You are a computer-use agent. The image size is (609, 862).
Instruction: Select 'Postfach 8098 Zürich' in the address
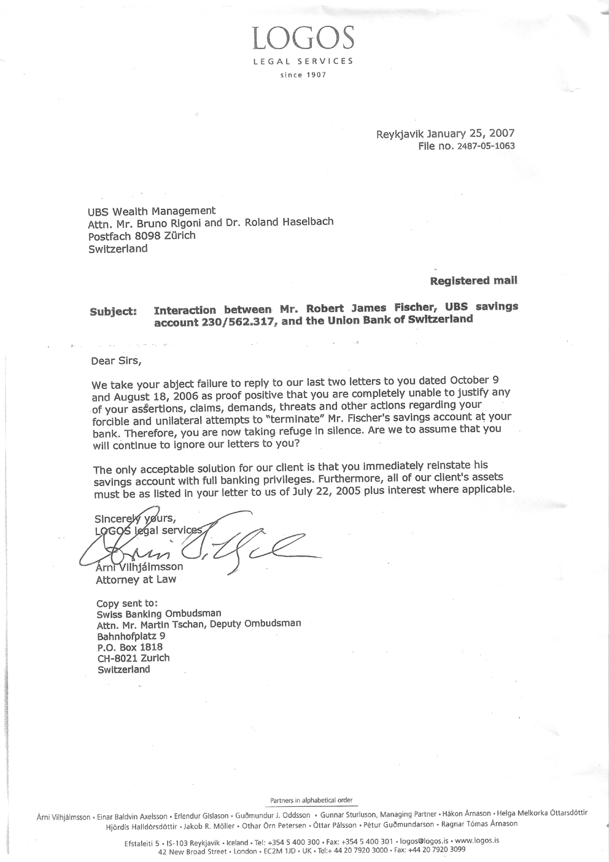click(x=142, y=235)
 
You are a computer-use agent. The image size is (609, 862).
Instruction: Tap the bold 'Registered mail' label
click(x=473, y=281)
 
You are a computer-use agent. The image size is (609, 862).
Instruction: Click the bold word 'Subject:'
click(x=113, y=311)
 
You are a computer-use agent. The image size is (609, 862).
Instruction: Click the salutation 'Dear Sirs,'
click(x=120, y=361)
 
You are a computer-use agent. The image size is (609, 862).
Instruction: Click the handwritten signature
click(x=203, y=541)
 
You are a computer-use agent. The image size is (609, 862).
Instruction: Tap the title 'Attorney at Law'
click(x=136, y=579)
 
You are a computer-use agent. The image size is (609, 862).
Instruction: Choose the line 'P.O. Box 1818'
click(x=130, y=647)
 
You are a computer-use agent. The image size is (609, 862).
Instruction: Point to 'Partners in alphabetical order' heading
click(x=311, y=801)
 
